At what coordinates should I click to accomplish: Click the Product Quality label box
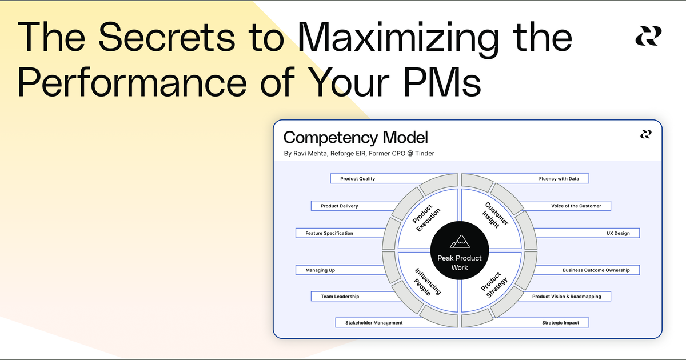(x=358, y=179)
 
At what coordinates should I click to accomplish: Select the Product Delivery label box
(x=340, y=206)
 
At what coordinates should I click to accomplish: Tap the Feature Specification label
(x=329, y=233)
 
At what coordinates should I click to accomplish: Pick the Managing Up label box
(x=320, y=270)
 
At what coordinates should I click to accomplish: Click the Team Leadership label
(x=340, y=296)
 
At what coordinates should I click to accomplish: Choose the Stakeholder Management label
(x=374, y=323)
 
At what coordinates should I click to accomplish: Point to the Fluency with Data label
(x=559, y=179)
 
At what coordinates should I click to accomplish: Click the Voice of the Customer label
(x=576, y=206)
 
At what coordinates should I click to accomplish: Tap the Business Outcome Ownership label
(x=596, y=270)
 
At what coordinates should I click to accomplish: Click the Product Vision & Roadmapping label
(x=566, y=296)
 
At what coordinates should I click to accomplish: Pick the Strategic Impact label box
(x=560, y=323)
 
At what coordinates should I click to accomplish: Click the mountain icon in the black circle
(x=460, y=241)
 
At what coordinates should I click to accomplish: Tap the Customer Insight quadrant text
(x=493, y=215)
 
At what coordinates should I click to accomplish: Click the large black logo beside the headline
(x=648, y=36)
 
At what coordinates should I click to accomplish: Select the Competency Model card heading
(x=355, y=137)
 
